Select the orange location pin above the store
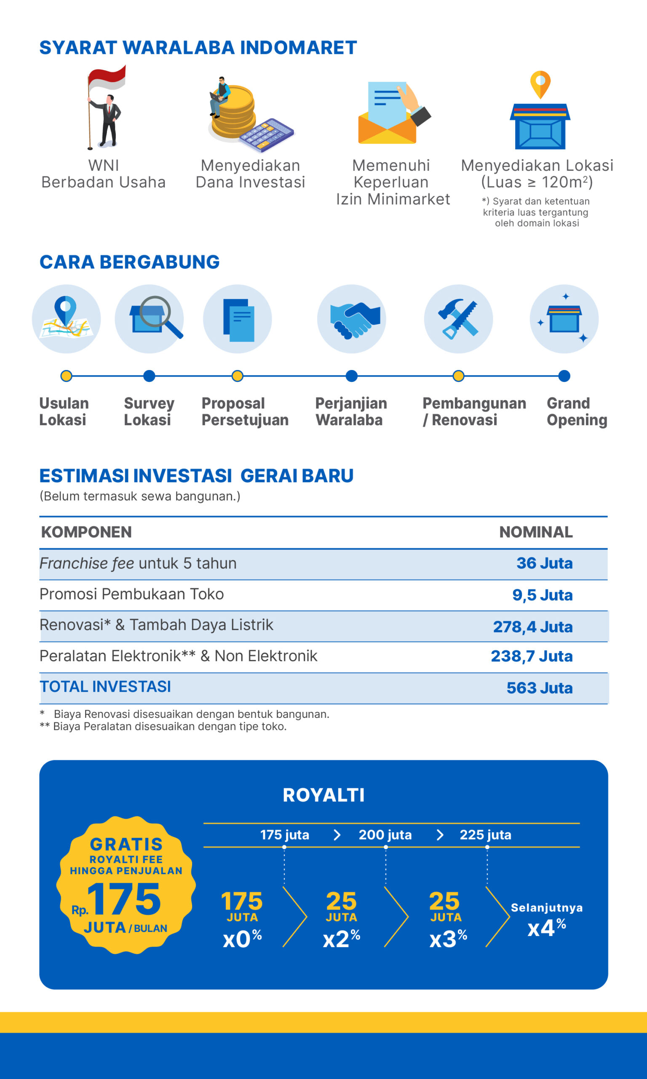[540, 83]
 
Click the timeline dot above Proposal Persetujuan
[237, 376]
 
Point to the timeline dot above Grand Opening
[564, 376]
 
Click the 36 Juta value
[544, 564]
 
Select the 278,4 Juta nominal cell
[532, 627]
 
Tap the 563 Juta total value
[539, 688]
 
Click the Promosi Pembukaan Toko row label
[132, 594]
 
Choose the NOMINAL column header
[535, 532]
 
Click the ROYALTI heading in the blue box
[323, 795]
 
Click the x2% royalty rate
[341, 939]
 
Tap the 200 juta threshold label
[385, 835]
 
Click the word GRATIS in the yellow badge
[126, 845]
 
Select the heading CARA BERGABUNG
[129, 262]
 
